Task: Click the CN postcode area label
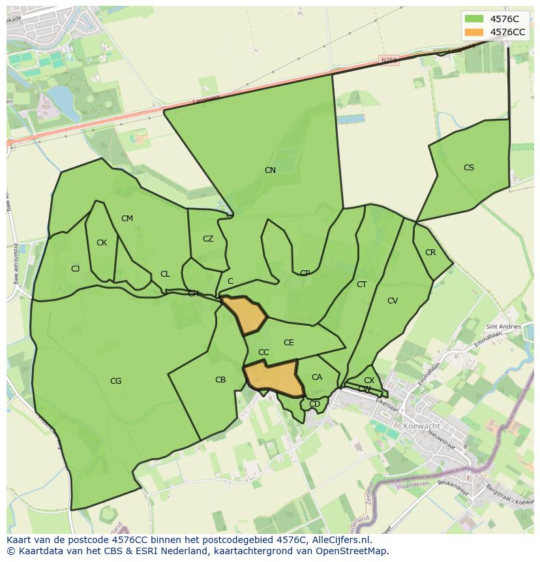click(x=270, y=170)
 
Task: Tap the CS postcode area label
click(x=469, y=168)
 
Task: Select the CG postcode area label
click(x=116, y=381)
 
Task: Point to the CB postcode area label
click(x=220, y=380)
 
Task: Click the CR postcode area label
click(x=430, y=253)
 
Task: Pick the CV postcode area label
click(x=393, y=301)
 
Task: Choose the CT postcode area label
click(x=362, y=285)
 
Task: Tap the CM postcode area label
click(x=127, y=219)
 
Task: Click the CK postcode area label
click(x=102, y=243)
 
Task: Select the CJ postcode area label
click(x=76, y=269)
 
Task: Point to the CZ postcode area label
click(x=208, y=239)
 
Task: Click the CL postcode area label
click(x=165, y=274)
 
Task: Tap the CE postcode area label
click(x=289, y=343)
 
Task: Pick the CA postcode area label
click(x=317, y=377)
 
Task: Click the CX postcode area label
click(x=369, y=381)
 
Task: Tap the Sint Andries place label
click(x=504, y=326)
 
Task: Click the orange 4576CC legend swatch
click(x=474, y=32)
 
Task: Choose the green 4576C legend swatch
click(x=474, y=19)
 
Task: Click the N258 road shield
click(x=389, y=60)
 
